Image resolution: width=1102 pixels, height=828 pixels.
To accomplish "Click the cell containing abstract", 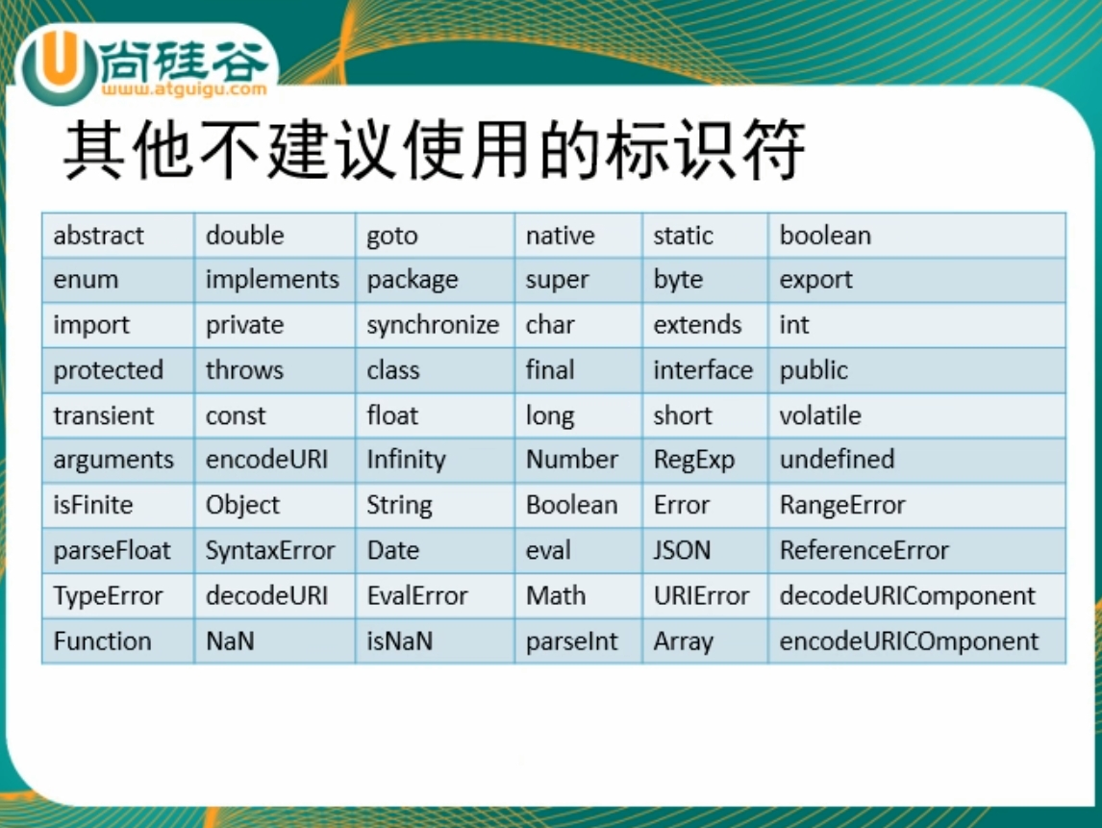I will (99, 236).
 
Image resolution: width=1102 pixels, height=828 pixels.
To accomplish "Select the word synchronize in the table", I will (433, 325).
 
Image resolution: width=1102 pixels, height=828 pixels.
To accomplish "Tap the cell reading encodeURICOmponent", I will (909, 641).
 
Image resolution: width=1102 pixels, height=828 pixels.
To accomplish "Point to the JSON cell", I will (682, 551).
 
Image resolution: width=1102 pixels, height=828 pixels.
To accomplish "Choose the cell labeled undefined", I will (837, 460).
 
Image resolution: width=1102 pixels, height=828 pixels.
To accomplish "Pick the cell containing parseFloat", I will (112, 551).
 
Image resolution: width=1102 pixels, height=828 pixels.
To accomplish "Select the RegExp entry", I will (693, 461).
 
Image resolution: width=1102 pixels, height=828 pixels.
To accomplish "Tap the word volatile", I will (820, 415).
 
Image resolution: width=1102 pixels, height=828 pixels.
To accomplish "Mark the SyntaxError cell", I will (270, 551).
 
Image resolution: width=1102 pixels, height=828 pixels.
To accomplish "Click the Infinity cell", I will (406, 460).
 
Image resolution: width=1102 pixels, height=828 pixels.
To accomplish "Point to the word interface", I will (703, 370).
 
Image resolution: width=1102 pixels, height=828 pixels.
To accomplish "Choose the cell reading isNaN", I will (399, 641).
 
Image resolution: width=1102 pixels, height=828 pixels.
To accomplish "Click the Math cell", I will (556, 595).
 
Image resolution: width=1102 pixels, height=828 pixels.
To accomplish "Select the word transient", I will (104, 415).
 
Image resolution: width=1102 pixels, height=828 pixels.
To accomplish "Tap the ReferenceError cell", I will (864, 551).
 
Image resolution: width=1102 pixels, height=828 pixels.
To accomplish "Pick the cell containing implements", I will (272, 280).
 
